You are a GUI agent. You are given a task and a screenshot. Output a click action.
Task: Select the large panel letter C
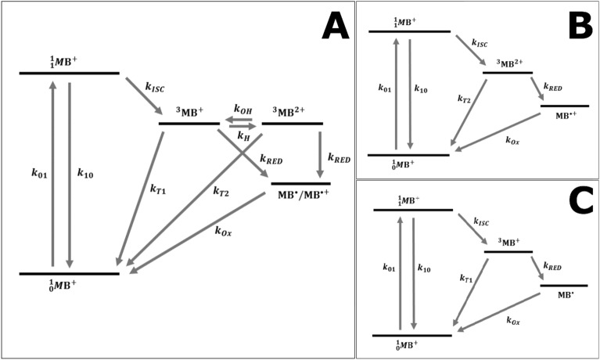(x=580, y=201)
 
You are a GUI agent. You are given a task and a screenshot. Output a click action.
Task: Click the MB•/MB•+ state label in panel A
(x=300, y=193)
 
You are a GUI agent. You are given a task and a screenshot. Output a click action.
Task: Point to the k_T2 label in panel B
(x=465, y=99)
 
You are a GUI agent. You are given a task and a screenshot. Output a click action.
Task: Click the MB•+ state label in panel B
(x=566, y=116)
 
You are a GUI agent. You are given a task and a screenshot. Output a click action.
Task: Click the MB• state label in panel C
(x=563, y=296)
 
